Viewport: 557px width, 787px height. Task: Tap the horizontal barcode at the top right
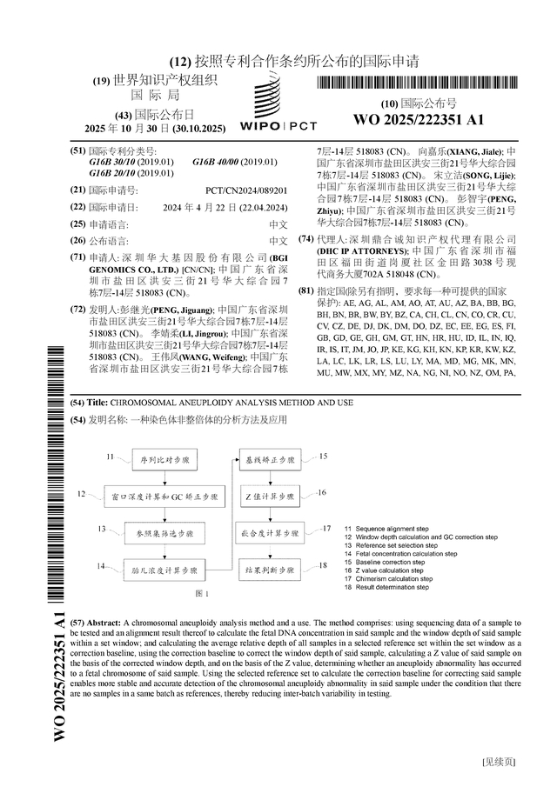[x=419, y=83]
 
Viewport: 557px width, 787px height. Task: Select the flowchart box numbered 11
[x=164, y=458]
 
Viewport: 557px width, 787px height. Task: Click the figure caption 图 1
[x=202, y=593]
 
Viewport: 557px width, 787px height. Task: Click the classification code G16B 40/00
[x=235, y=163]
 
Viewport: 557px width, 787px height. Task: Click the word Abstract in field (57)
[x=104, y=624]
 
